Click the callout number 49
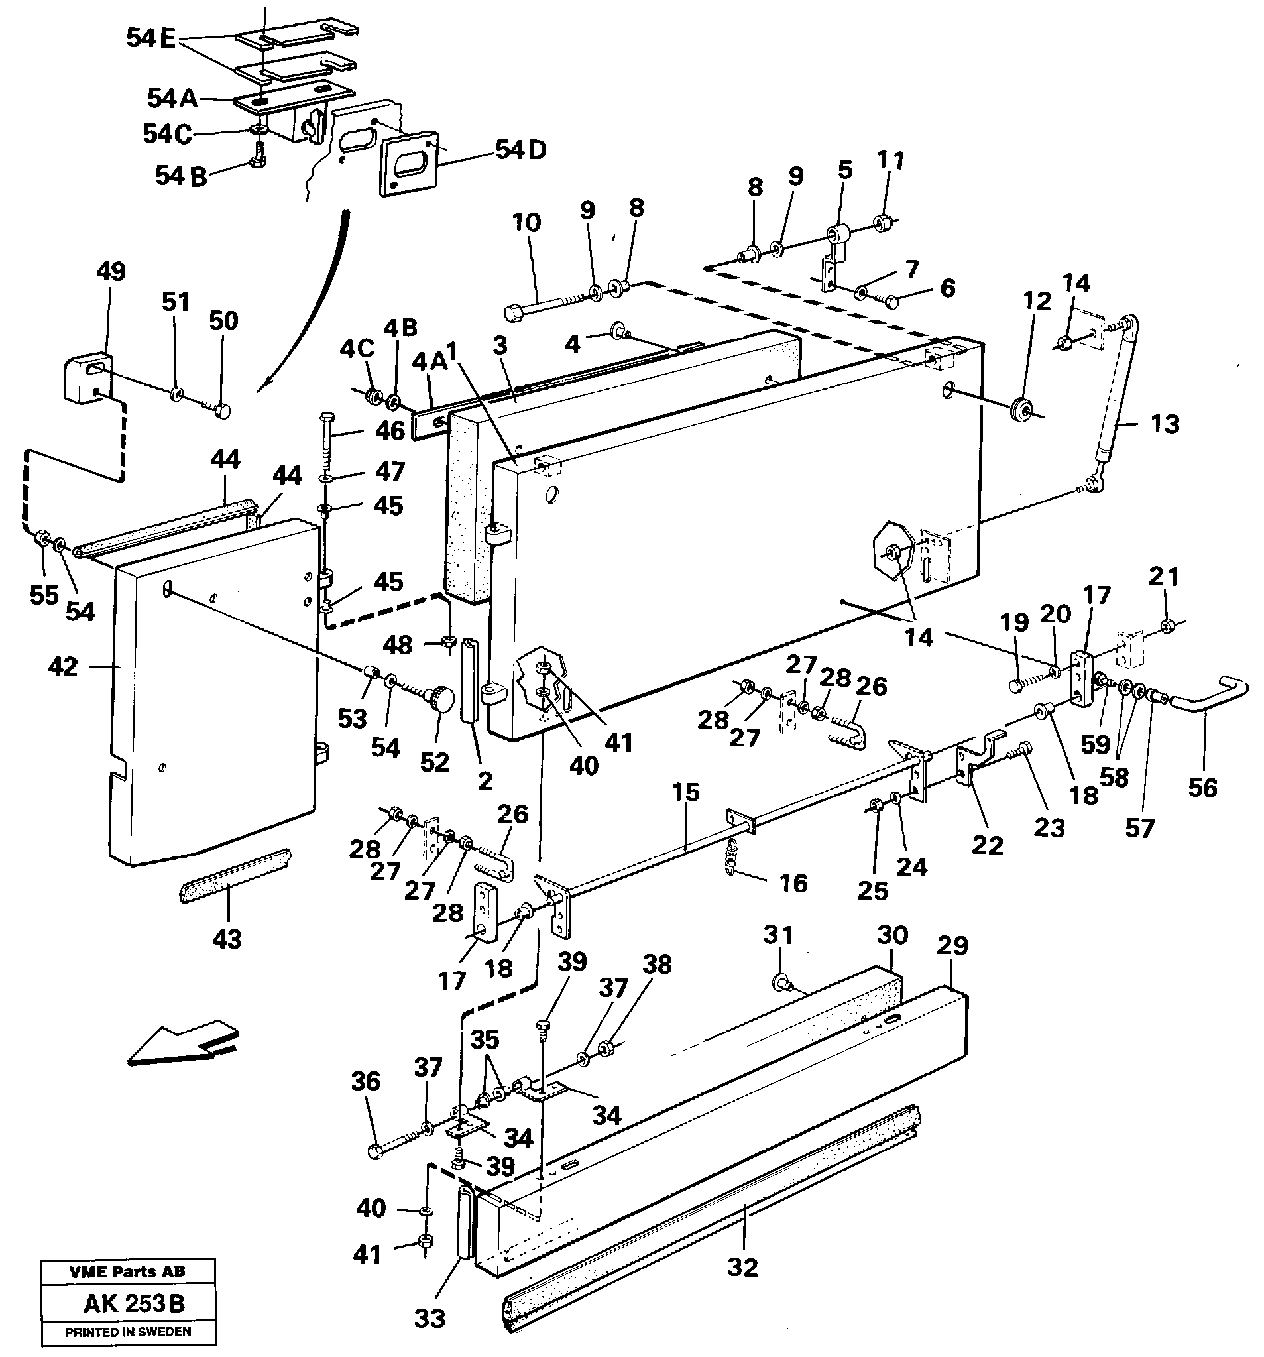[x=111, y=272]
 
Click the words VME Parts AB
[x=127, y=1271]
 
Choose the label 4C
[x=357, y=349]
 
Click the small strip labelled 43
[x=234, y=875]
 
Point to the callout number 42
[x=64, y=666]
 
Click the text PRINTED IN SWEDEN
[x=128, y=1332]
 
